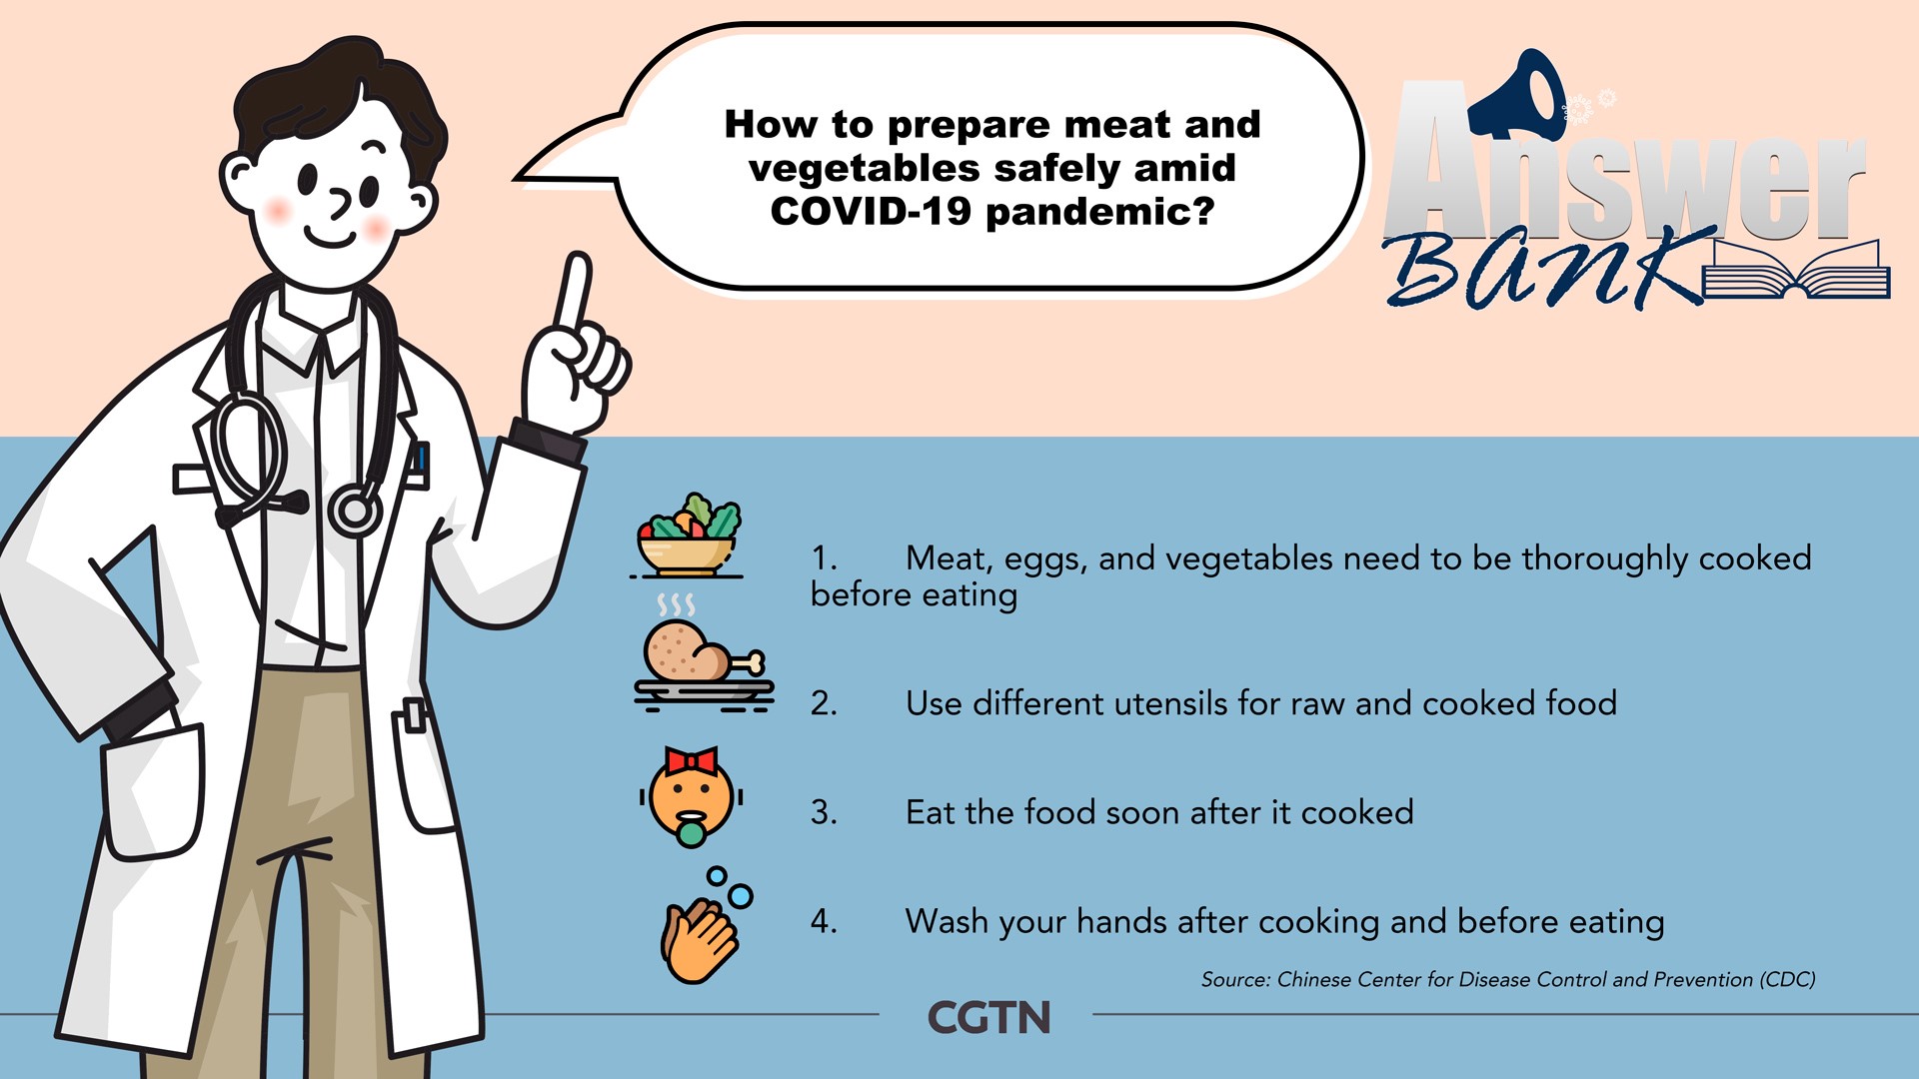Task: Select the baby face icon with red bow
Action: click(x=691, y=797)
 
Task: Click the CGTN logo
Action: click(x=989, y=1018)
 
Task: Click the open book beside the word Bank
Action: click(x=1795, y=272)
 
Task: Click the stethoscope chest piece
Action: click(x=355, y=510)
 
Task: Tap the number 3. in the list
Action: click(x=824, y=812)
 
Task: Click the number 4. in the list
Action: click(x=824, y=921)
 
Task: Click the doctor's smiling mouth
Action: click(x=331, y=239)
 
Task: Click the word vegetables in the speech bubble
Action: click(x=865, y=169)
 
